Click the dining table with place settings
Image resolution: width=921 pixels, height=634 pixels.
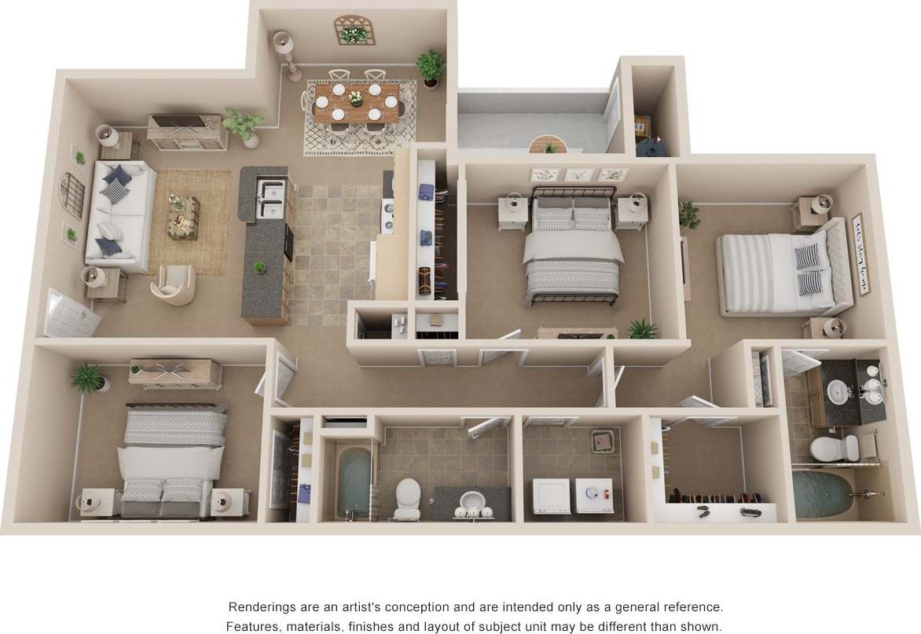tap(356, 102)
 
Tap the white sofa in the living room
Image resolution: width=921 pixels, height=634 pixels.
tap(119, 213)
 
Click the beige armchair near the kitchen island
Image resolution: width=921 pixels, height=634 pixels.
tap(174, 283)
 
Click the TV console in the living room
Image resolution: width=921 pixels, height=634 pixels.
tap(186, 131)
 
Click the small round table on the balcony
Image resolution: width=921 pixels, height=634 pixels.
tap(548, 145)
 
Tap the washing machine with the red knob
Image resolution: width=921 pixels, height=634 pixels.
tap(594, 496)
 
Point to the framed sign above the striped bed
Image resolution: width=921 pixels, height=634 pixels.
tap(860, 255)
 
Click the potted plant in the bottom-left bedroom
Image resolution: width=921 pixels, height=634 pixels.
tap(89, 379)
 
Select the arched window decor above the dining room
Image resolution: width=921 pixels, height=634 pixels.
tap(354, 30)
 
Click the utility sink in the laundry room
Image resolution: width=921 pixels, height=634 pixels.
tap(602, 442)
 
